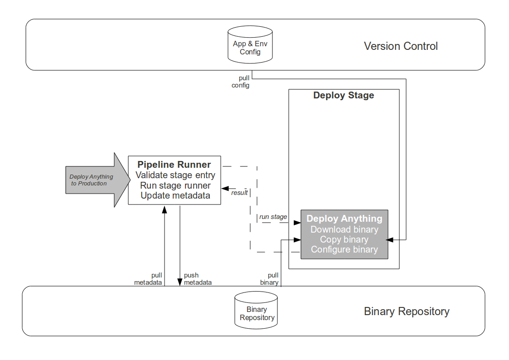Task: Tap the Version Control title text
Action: click(401, 46)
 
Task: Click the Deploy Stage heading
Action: click(344, 96)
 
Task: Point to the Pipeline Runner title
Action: click(174, 165)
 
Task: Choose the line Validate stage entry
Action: click(175, 175)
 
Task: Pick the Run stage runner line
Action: click(175, 185)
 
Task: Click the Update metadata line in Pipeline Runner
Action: click(175, 196)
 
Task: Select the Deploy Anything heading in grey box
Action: click(344, 219)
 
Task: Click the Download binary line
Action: click(344, 229)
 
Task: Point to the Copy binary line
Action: click(344, 239)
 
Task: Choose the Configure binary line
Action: click(344, 249)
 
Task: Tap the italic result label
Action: click(239, 193)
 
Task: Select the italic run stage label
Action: click(273, 217)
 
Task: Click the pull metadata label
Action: click(148, 279)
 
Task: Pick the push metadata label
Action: click(198, 279)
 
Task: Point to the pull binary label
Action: click(270, 279)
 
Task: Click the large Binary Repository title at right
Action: click(407, 311)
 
